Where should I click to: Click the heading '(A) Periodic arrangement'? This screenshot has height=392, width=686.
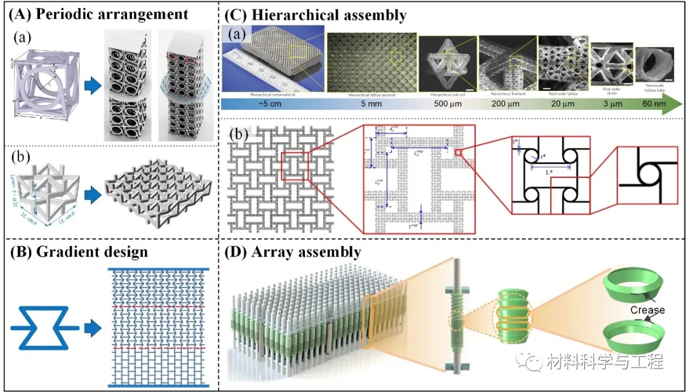98,13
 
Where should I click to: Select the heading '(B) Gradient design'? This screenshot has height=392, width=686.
79,251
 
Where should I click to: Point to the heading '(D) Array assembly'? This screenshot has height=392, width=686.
293,252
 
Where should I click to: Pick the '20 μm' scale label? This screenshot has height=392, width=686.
558,104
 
